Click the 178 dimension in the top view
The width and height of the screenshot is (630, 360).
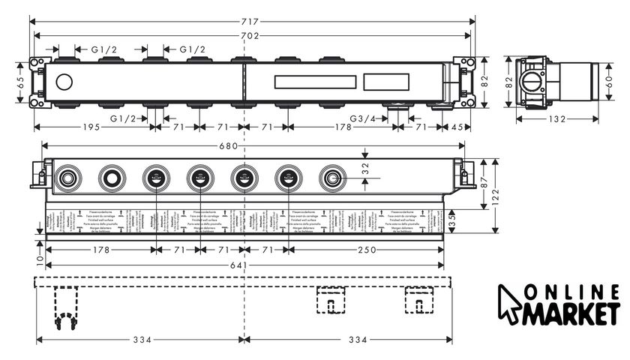pos(343,127)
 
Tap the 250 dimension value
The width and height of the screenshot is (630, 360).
pos(367,250)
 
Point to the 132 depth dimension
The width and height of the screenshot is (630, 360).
pos(556,118)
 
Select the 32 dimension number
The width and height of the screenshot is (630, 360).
pos(365,169)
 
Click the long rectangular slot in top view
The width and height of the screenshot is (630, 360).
pos(314,82)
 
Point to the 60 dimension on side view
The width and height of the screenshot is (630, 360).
pos(609,83)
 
